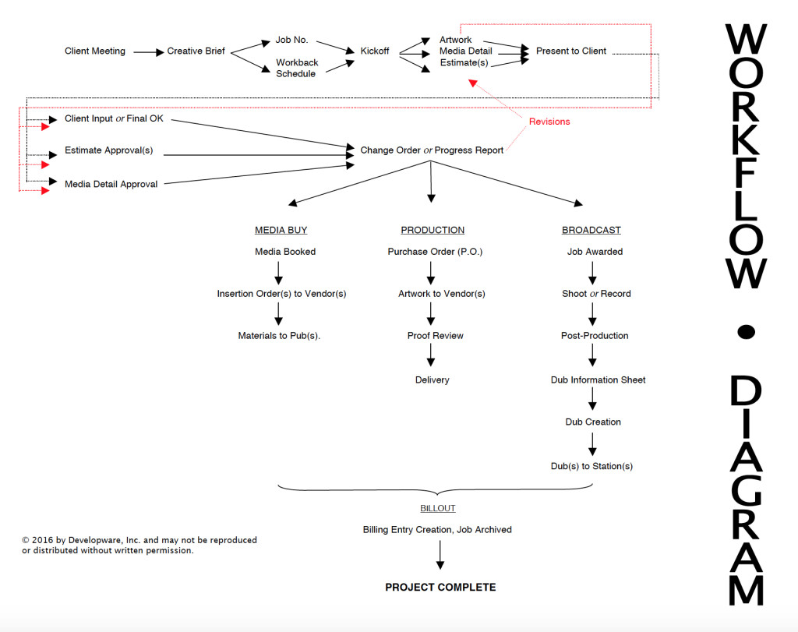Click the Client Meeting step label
[94, 51]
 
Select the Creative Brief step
[196, 51]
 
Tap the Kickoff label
[376, 51]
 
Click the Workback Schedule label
[297, 68]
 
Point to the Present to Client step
[570, 51]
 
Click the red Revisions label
[549, 122]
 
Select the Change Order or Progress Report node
[431, 150]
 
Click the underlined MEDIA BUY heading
[281, 231]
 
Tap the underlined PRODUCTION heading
[433, 231]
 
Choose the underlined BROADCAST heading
[591, 231]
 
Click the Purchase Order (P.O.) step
[435, 252]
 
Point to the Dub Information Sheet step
[598, 380]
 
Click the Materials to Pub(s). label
[279, 336]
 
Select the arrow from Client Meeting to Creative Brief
[148, 52]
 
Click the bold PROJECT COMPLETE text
[440, 588]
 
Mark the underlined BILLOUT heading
[437, 508]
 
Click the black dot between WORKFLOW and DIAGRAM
[746, 333]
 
